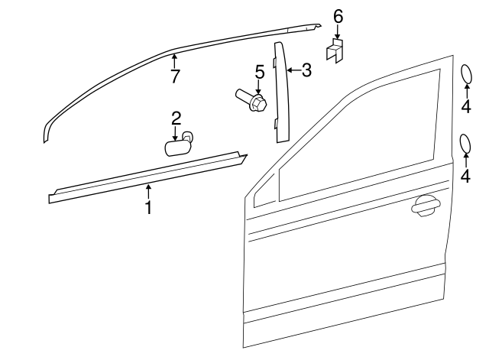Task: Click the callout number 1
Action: pyautogui.click(x=149, y=206)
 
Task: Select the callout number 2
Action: pyautogui.click(x=176, y=118)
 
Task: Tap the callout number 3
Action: pyautogui.click(x=306, y=71)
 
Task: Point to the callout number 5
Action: pyautogui.click(x=259, y=73)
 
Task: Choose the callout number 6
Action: pyautogui.click(x=338, y=17)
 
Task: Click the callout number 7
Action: pyautogui.click(x=175, y=76)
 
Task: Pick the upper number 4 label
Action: pyautogui.click(x=466, y=106)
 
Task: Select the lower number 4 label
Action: pyautogui.click(x=466, y=176)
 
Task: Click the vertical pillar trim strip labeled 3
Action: pyautogui.click(x=280, y=92)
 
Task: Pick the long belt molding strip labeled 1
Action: pyautogui.click(x=145, y=177)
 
